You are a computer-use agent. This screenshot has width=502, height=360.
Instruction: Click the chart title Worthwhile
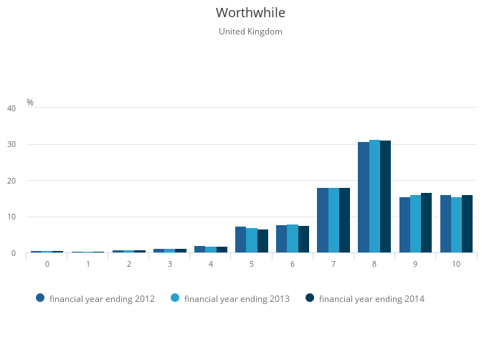[250, 13]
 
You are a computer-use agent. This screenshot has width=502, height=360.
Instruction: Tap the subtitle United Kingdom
[250, 32]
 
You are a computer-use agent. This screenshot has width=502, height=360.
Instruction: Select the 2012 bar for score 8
[364, 197]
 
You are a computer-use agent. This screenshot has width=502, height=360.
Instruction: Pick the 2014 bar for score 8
[385, 196]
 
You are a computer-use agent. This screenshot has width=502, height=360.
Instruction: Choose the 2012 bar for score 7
[323, 220]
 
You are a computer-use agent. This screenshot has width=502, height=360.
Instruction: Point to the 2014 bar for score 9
[426, 223]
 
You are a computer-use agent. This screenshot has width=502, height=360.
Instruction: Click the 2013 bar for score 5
[252, 240]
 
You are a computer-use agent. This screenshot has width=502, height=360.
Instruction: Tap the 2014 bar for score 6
[303, 240]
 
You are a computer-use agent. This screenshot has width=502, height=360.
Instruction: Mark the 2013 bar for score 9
[415, 224]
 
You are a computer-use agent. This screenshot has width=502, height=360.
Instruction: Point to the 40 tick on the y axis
[11, 108]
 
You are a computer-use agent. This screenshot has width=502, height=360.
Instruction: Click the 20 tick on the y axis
[11, 181]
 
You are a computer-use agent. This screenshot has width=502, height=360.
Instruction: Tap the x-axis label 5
[252, 264]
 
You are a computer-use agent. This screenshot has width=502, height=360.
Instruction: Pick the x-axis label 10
[456, 264]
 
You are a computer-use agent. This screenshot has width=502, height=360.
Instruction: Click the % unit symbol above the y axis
[30, 103]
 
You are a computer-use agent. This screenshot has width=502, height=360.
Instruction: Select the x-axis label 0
[47, 264]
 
